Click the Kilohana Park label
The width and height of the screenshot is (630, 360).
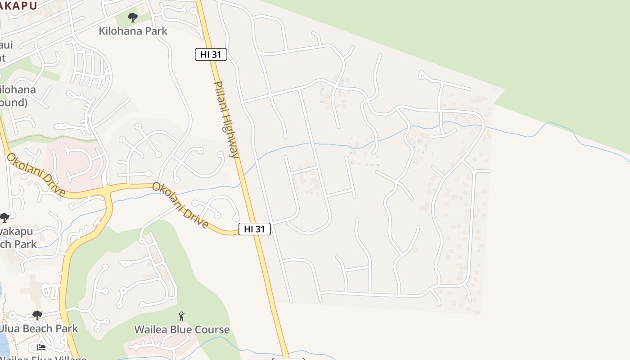[133, 31]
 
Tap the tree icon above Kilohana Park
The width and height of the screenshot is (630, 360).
[132, 18]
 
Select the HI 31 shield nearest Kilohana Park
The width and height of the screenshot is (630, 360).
[211, 54]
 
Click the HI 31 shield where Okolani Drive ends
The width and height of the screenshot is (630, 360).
[254, 229]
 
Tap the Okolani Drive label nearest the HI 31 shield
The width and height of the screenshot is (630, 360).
[180, 205]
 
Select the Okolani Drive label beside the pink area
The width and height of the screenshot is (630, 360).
[36, 175]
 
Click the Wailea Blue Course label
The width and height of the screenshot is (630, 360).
[182, 330]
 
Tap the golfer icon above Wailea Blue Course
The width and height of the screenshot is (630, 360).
[181, 316]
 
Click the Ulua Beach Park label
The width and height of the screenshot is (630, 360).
[39, 328]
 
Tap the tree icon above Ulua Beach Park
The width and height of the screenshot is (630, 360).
[37, 315]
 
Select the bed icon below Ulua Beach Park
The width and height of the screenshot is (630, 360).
[41, 347]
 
